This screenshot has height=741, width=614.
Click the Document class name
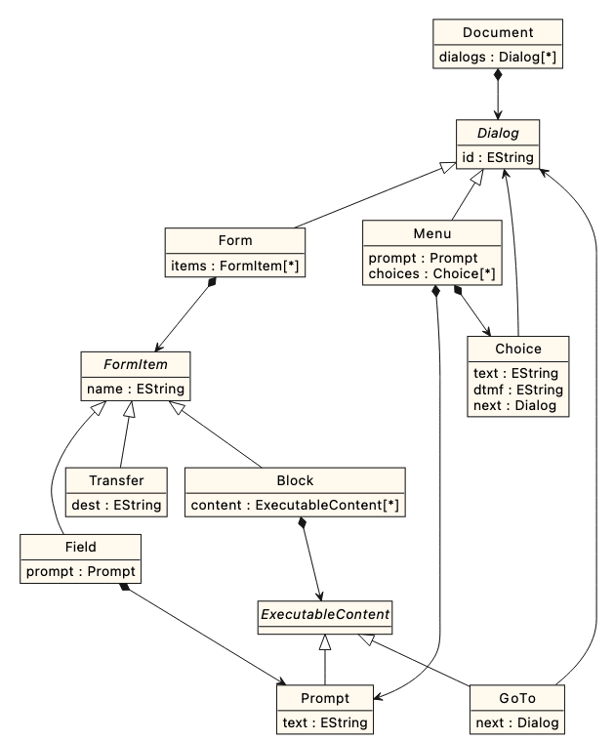click(498, 32)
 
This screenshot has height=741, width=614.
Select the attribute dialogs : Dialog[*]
click(498, 56)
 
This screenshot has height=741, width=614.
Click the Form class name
click(235, 240)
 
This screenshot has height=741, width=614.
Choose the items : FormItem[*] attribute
click(235, 264)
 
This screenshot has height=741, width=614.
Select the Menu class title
click(431, 234)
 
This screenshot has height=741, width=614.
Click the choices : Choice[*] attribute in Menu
click(431, 273)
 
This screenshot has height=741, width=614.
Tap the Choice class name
click(517, 349)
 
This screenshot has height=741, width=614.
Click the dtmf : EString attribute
click(517, 389)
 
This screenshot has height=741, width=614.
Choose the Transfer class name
click(117, 481)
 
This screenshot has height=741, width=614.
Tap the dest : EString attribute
click(117, 505)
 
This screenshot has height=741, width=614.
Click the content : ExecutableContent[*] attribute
click(295, 505)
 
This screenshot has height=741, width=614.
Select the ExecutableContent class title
click(324, 615)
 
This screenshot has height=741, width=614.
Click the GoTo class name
click(517, 699)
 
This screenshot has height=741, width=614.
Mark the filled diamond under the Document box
click(498, 75)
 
